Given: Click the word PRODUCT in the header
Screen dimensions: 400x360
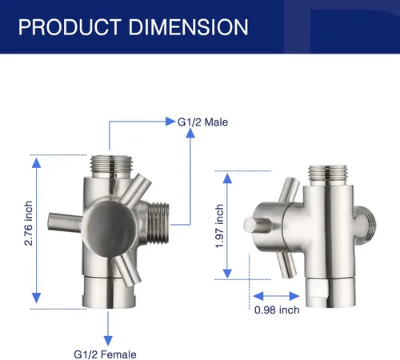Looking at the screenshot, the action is click(x=70, y=27).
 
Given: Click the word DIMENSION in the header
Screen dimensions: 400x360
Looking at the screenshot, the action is click(x=188, y=27).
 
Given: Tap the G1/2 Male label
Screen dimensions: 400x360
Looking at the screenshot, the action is click(x=202, y=122).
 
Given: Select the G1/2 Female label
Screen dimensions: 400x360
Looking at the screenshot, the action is click(x=105, y=354).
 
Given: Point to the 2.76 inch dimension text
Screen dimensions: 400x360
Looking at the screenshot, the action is click(x=28, y=223).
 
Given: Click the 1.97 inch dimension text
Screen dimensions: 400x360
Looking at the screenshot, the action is click(x=219, y=226).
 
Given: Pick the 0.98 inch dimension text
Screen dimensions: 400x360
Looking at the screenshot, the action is click(x=277, y=310).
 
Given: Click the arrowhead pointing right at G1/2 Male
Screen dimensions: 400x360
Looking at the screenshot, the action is click(x=170, y=122).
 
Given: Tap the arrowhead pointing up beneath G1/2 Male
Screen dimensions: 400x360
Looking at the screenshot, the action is click(x=190, y=133).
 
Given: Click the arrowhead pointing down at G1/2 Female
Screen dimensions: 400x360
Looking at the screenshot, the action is click(x=108, y=341).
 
